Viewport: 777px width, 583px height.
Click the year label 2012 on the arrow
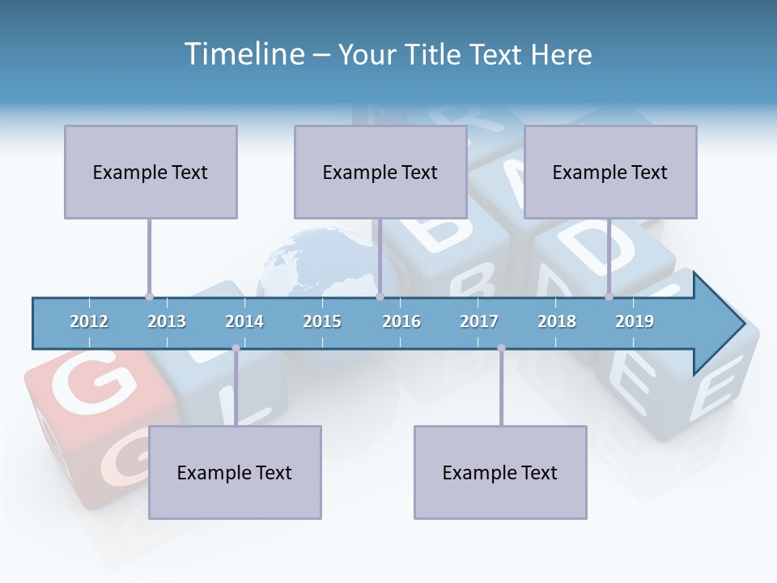pyautogui.click(x=89, y=321)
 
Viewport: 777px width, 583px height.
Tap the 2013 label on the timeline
pyautogui.click(x=167, y=321)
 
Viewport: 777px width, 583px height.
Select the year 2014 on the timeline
pyautogui.click(x=244, y=321)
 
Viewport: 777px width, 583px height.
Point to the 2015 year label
pyautogui.click(x=322, y=321)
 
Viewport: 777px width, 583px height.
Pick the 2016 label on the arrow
pyautogui.click(x=401, y=321)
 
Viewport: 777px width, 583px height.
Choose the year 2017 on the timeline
pyautogui.click(x=479, y=321)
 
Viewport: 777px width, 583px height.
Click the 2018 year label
pyautogui.click(x=557, y=321)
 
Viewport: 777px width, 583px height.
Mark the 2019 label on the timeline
pyautogui.click(x=635, y=321)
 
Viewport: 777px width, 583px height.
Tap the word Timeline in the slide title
pyautogui.click(x=244, y=54)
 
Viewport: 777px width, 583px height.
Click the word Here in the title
pyautogui.click(x=561, y=54)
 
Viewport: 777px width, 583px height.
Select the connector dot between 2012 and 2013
pyautogui.click(x=149, y=297)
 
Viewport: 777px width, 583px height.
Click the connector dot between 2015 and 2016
pyautogui.click(x=380, y=297)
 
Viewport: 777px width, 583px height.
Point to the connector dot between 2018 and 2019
pyautogui.click(x=609, y=297)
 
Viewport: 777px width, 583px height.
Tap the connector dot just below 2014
pyautogui.click(x=236, y=348)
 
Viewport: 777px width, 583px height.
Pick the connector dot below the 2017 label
pyautogui.click(x=501, y=348)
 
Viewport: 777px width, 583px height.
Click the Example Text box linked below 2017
pyautogui.click(x=500, y=472)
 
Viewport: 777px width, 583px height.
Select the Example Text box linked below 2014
pyautogui.click(x=235, y=472)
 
